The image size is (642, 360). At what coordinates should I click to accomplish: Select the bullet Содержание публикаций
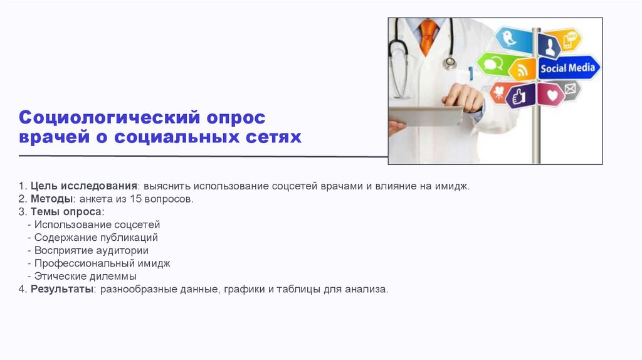(96, 238)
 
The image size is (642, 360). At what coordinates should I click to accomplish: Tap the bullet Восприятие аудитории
(92, 250)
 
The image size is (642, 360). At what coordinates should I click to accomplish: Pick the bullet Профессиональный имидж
(102, 263)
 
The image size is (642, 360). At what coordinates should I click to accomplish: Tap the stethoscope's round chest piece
(450, 62)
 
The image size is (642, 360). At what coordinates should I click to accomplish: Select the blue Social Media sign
(567, 68)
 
